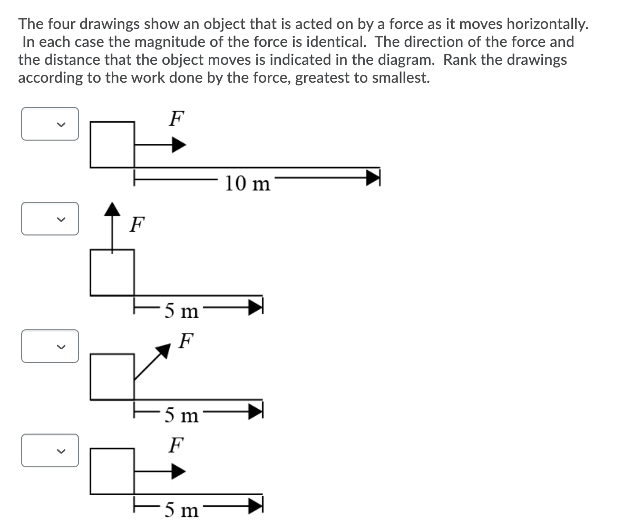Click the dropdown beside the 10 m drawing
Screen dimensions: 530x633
click(50, 124)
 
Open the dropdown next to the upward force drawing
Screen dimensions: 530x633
click(50, 219)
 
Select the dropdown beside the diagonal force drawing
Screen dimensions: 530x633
click(50, 346)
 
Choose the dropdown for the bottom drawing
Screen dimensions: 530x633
click(50, 450)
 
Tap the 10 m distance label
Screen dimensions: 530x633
click(247, 183)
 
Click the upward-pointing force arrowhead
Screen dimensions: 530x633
click(111, 209)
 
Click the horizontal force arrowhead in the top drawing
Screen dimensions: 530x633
click(179, 145)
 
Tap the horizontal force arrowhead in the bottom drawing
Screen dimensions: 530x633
click(179, 472)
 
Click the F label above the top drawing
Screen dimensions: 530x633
click(176, 118)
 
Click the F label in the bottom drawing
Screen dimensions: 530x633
click(176, 445)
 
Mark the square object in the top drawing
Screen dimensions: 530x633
click(112, 144)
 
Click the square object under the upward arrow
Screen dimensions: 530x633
click(112, 272)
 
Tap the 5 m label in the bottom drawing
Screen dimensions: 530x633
click(181, 510)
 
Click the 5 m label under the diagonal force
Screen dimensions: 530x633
click(181, 416)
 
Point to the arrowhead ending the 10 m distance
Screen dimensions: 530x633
click(373, 177)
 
